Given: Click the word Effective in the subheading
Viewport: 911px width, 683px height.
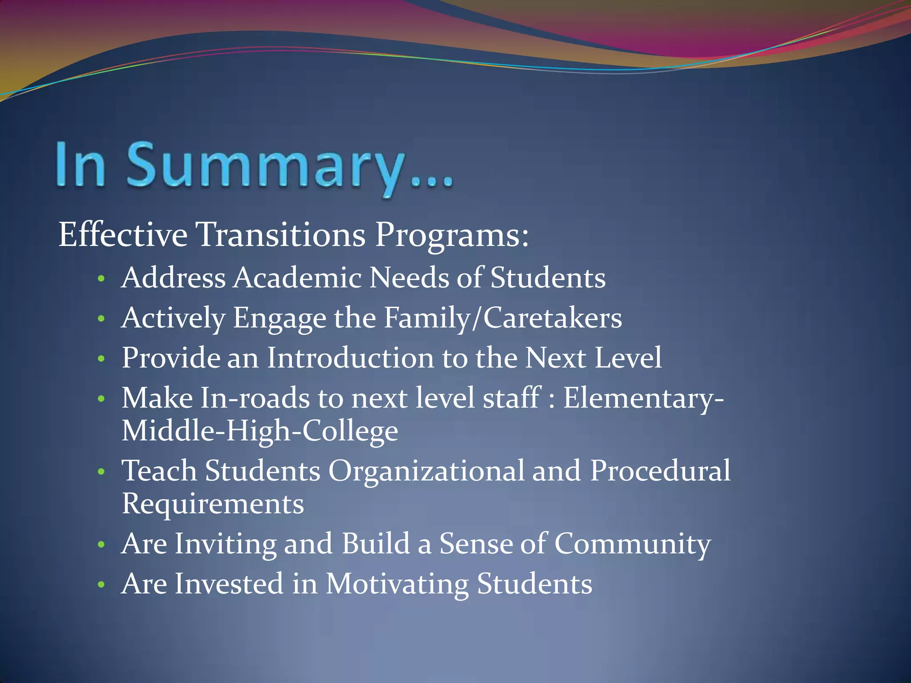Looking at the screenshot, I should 123,234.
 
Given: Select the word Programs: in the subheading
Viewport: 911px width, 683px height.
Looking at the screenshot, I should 452,234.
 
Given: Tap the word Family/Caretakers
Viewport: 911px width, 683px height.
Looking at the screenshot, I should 503,318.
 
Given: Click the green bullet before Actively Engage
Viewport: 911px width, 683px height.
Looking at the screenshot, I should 101,319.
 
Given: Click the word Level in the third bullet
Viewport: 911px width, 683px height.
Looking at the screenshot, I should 628,358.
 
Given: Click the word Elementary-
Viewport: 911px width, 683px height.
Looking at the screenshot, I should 643,398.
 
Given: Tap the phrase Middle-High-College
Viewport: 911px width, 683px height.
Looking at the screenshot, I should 260,431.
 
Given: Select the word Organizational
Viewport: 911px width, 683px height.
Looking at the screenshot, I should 426,470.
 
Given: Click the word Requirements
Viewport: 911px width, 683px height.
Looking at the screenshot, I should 213,504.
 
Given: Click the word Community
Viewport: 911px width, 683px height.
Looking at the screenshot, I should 632,544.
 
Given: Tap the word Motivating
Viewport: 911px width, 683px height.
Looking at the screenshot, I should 397,584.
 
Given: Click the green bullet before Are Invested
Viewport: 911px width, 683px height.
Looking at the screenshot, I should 101,584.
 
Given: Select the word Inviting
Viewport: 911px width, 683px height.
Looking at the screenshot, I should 225,544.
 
